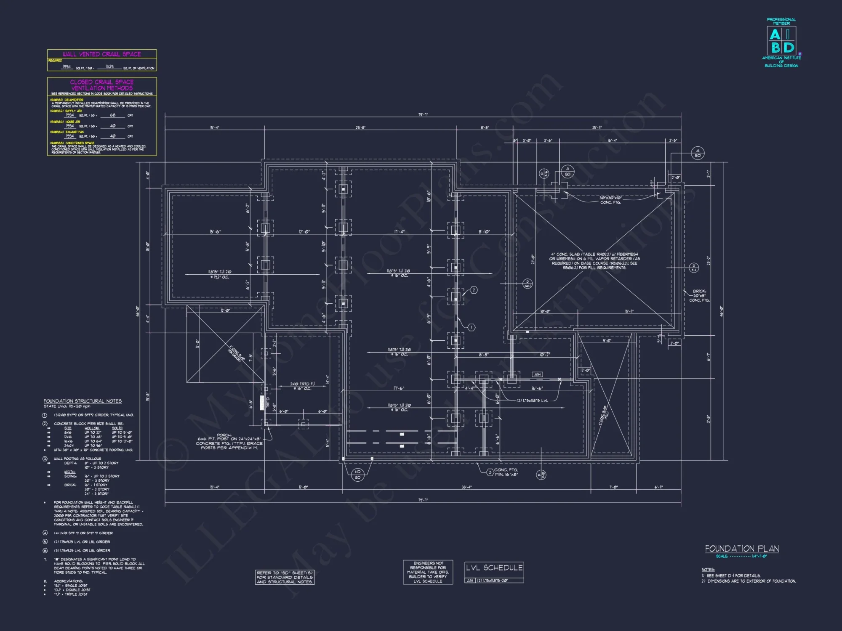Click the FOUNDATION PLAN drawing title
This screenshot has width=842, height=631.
742,549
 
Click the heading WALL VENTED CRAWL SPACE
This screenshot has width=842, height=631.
102,54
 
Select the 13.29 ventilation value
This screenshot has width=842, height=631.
109,66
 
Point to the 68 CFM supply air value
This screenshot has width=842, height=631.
112,115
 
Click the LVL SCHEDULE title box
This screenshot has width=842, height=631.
494,568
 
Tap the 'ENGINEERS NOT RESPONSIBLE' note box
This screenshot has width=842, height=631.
428,572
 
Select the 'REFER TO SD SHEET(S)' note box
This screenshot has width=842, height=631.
285,577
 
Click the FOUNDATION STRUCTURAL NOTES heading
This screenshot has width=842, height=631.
83,401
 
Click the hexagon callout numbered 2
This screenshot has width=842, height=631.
474,290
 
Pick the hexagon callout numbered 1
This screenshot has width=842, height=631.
472,327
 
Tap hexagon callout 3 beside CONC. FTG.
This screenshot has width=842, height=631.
490,472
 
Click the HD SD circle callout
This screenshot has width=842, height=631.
357,475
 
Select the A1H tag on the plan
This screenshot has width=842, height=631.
537,374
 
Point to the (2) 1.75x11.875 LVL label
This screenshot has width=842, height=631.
532,400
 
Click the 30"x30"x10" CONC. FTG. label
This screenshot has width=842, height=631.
610,200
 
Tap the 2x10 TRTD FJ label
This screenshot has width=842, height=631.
302,384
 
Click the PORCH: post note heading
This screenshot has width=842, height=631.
224,435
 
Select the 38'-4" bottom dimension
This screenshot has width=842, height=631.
466,487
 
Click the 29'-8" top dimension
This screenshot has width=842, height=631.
360,127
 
